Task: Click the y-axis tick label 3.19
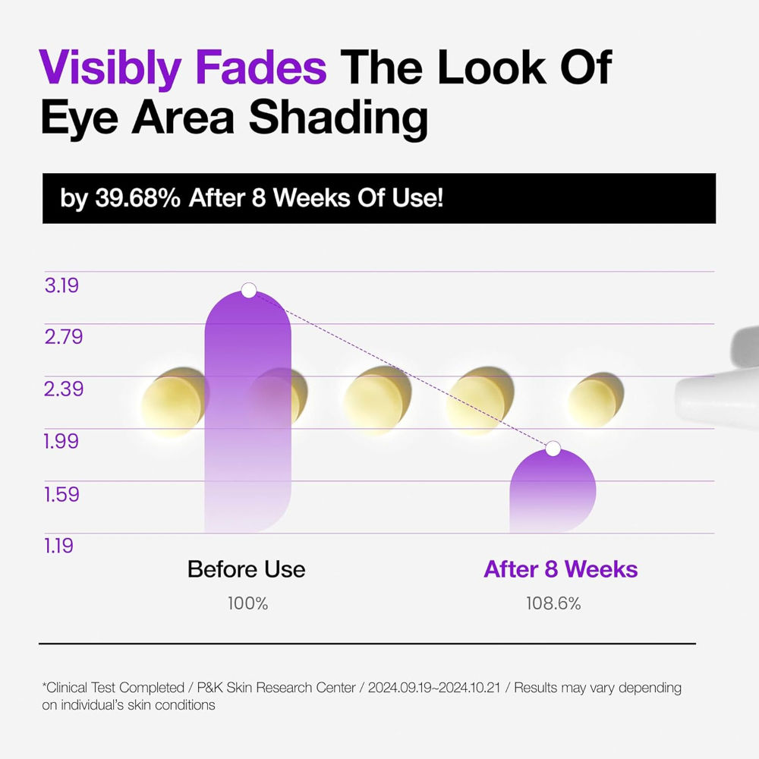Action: [61, 285]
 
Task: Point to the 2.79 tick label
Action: [64, 337]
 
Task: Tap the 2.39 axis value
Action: [64, 389]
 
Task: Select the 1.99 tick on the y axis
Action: [61, 442]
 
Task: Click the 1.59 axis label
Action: [61, 494]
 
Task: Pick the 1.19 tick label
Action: [58, 546]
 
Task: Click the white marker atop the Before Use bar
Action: [248, 291]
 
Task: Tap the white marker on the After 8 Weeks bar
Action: [553, 449]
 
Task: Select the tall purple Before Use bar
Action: [248, 411]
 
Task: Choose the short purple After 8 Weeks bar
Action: [553, 491]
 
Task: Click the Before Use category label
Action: [247, 569]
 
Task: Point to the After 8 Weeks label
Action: [561, 569]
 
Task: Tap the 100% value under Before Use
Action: [248, 603]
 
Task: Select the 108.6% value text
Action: [553, 603]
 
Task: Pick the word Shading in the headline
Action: [339, 118]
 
